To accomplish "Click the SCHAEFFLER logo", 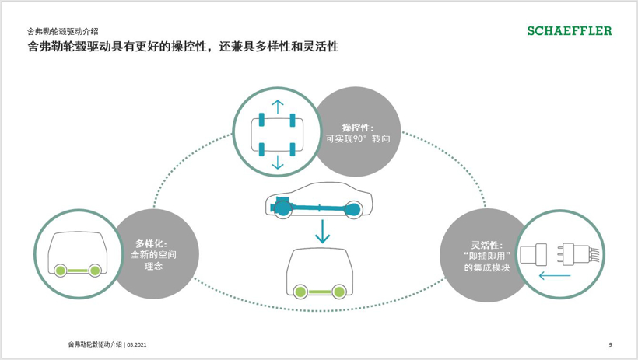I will click(570, 31).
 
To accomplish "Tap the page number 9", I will click(610, 344).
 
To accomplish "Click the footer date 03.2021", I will click(137, 344).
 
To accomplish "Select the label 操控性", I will click(358, 127).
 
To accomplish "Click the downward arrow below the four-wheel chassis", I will click(277, 162).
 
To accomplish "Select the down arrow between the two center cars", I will click(322, 231).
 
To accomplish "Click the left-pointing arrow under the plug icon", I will click(554, 274).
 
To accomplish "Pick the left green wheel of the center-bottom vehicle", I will click(300, 292).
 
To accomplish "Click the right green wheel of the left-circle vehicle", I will click(95, 271).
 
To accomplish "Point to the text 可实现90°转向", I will click(358, 139).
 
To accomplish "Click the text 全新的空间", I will click(153, 254).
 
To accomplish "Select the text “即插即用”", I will click(486, 256).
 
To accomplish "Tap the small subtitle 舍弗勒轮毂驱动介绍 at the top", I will click(62, 32).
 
